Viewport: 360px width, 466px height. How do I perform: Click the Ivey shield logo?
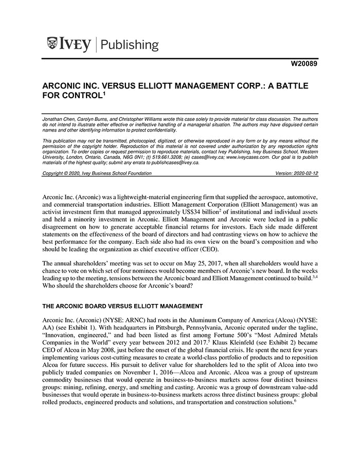52,44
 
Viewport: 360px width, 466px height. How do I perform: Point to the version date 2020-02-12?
305,174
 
